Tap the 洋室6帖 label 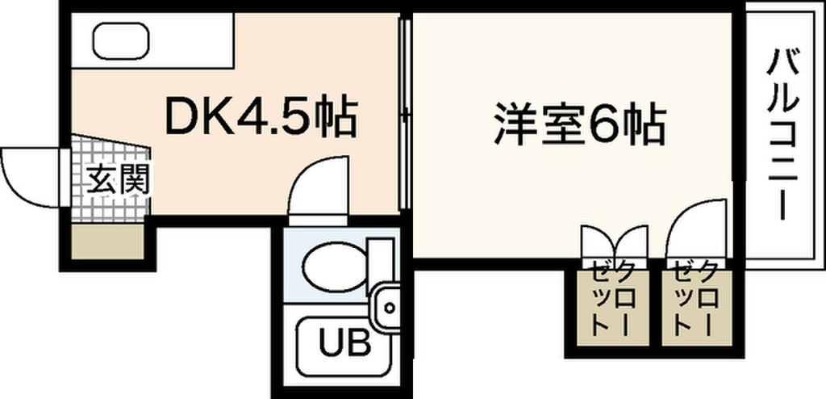click(580, 126)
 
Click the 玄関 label click(118, 179)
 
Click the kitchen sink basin click(121, 40)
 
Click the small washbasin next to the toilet click(387, 306)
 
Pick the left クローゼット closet click(611, 309)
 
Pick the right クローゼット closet click(697, 309)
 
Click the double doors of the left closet click(614, 242)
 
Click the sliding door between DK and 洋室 click(405, 112)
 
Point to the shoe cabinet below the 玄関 click(107, 241)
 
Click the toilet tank click(381, 267)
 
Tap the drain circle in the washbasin click(390, 307)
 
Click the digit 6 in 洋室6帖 click(599, 127)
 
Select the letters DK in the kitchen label click(200, 116)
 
